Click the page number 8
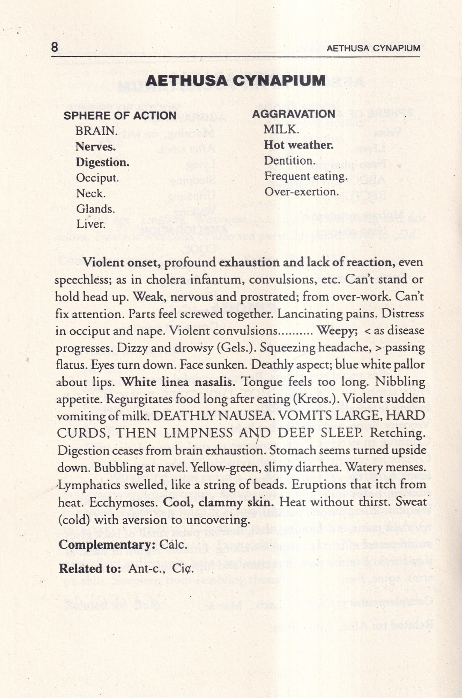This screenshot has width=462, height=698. [55, 47]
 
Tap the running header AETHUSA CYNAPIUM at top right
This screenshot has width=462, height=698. [373, 48]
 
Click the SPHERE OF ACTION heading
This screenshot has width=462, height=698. [120, 115]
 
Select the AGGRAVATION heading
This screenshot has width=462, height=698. [293, 114]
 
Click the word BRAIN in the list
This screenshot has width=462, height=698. [96, 131]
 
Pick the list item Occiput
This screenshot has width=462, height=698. [98, 178]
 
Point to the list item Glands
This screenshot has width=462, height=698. [95, 209]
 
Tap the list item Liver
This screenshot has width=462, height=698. [91, 224]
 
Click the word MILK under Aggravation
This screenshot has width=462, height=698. [281, 129]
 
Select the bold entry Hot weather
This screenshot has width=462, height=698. [299, 145]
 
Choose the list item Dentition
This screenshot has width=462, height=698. [290, 161]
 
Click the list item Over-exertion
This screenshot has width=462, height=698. [301, 192]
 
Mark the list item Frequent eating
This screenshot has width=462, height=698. [305, 176]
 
